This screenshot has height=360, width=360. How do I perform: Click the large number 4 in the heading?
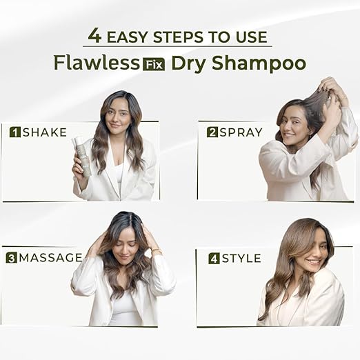coord(94,35)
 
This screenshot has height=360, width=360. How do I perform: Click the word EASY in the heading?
coord(130,37)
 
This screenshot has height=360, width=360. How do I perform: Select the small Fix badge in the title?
coord(152,64)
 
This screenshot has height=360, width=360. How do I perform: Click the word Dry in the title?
coord(186,63)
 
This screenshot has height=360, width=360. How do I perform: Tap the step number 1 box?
coord(15,132)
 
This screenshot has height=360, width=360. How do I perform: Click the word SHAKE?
coord(45,132)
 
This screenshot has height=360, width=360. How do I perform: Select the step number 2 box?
coord(212,132)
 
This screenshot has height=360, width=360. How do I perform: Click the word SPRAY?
coord(241,132)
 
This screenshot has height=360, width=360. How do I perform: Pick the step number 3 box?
coord(11,258)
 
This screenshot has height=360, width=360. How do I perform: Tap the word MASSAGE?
coord(51,258)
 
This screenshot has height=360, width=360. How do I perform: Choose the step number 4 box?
coord(214,259)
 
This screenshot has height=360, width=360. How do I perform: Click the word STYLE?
coord(241,259)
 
